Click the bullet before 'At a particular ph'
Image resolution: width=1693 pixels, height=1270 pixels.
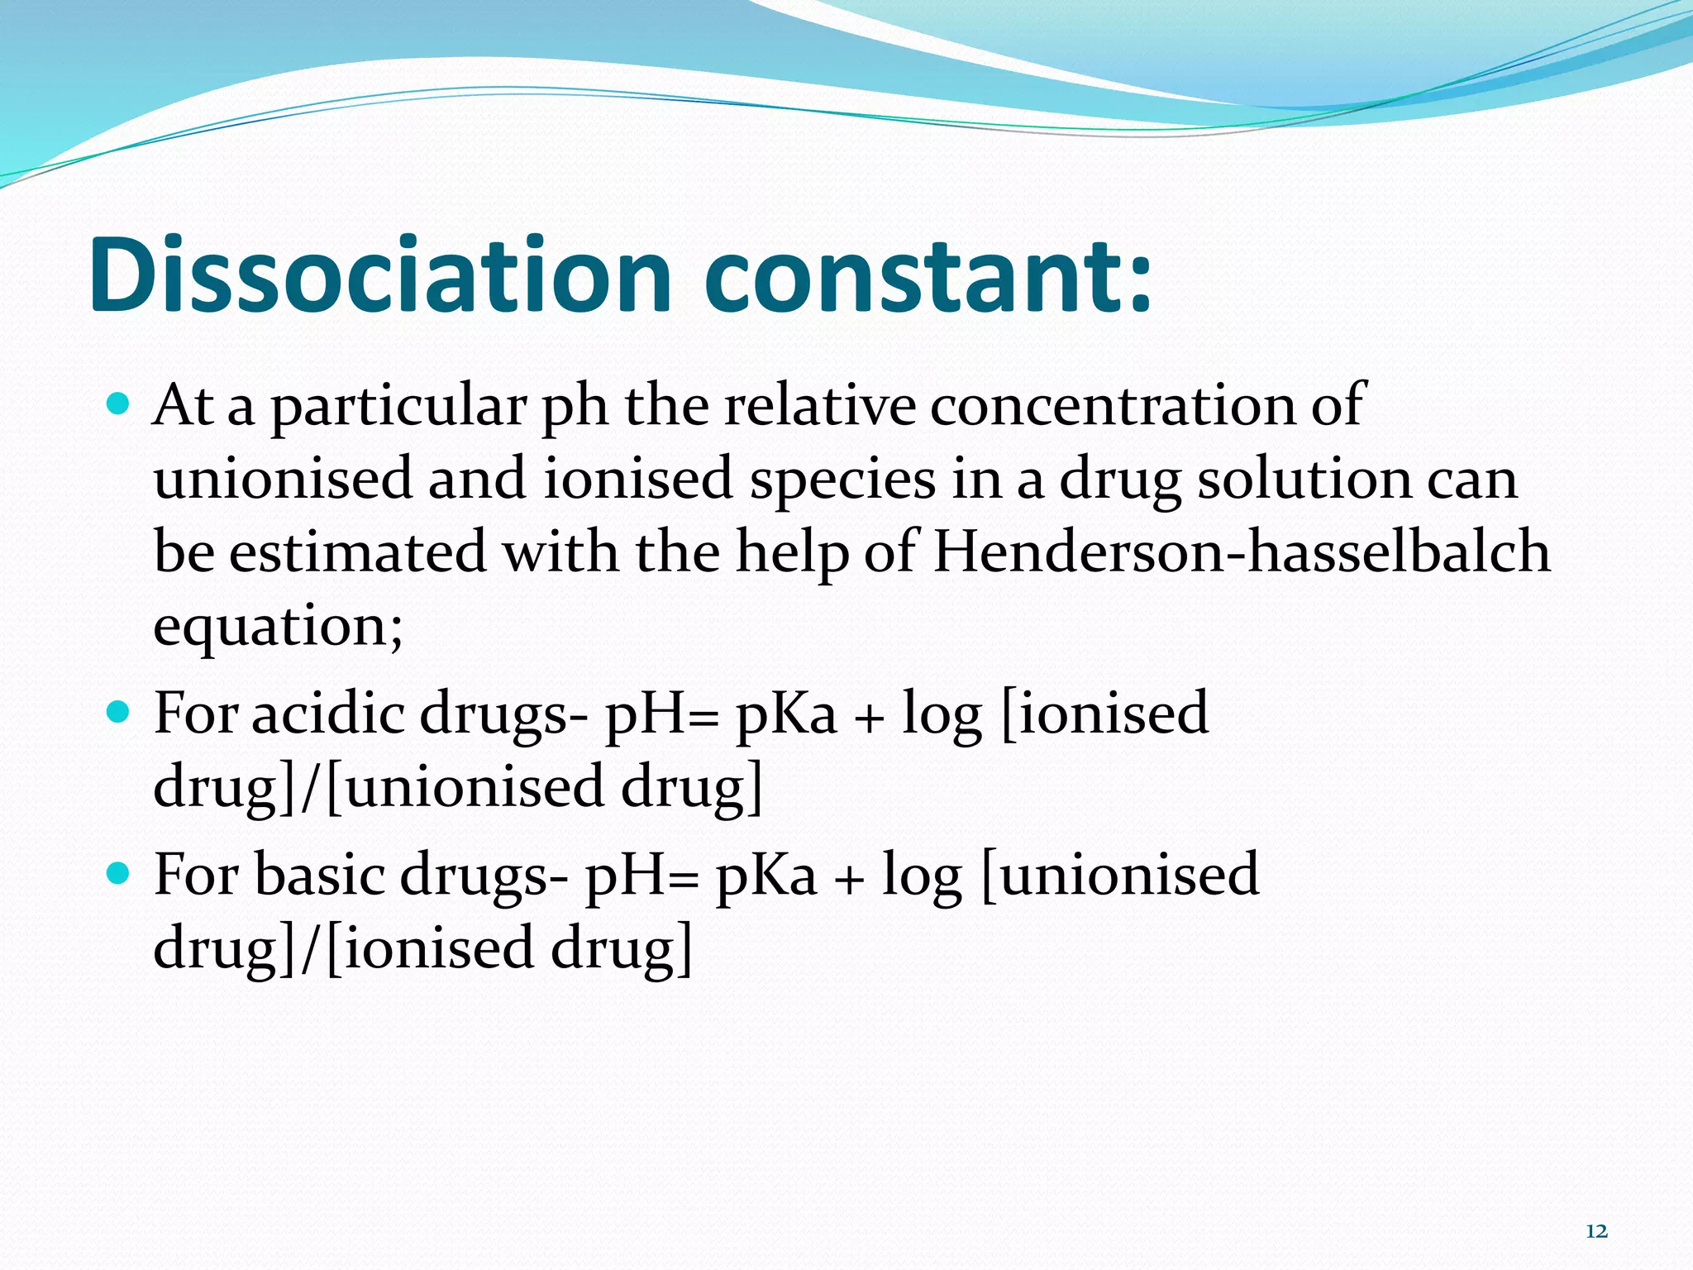[119, 404]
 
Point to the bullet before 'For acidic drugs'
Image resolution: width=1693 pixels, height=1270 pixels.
[119, 711]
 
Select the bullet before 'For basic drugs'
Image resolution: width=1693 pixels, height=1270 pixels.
[119, 872]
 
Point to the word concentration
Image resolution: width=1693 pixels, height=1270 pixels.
[1112, 406]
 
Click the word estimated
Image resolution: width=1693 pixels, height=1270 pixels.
[357, 551]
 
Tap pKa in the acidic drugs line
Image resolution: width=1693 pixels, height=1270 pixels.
[786, 713]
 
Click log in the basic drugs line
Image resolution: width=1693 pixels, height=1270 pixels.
[922, 876]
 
